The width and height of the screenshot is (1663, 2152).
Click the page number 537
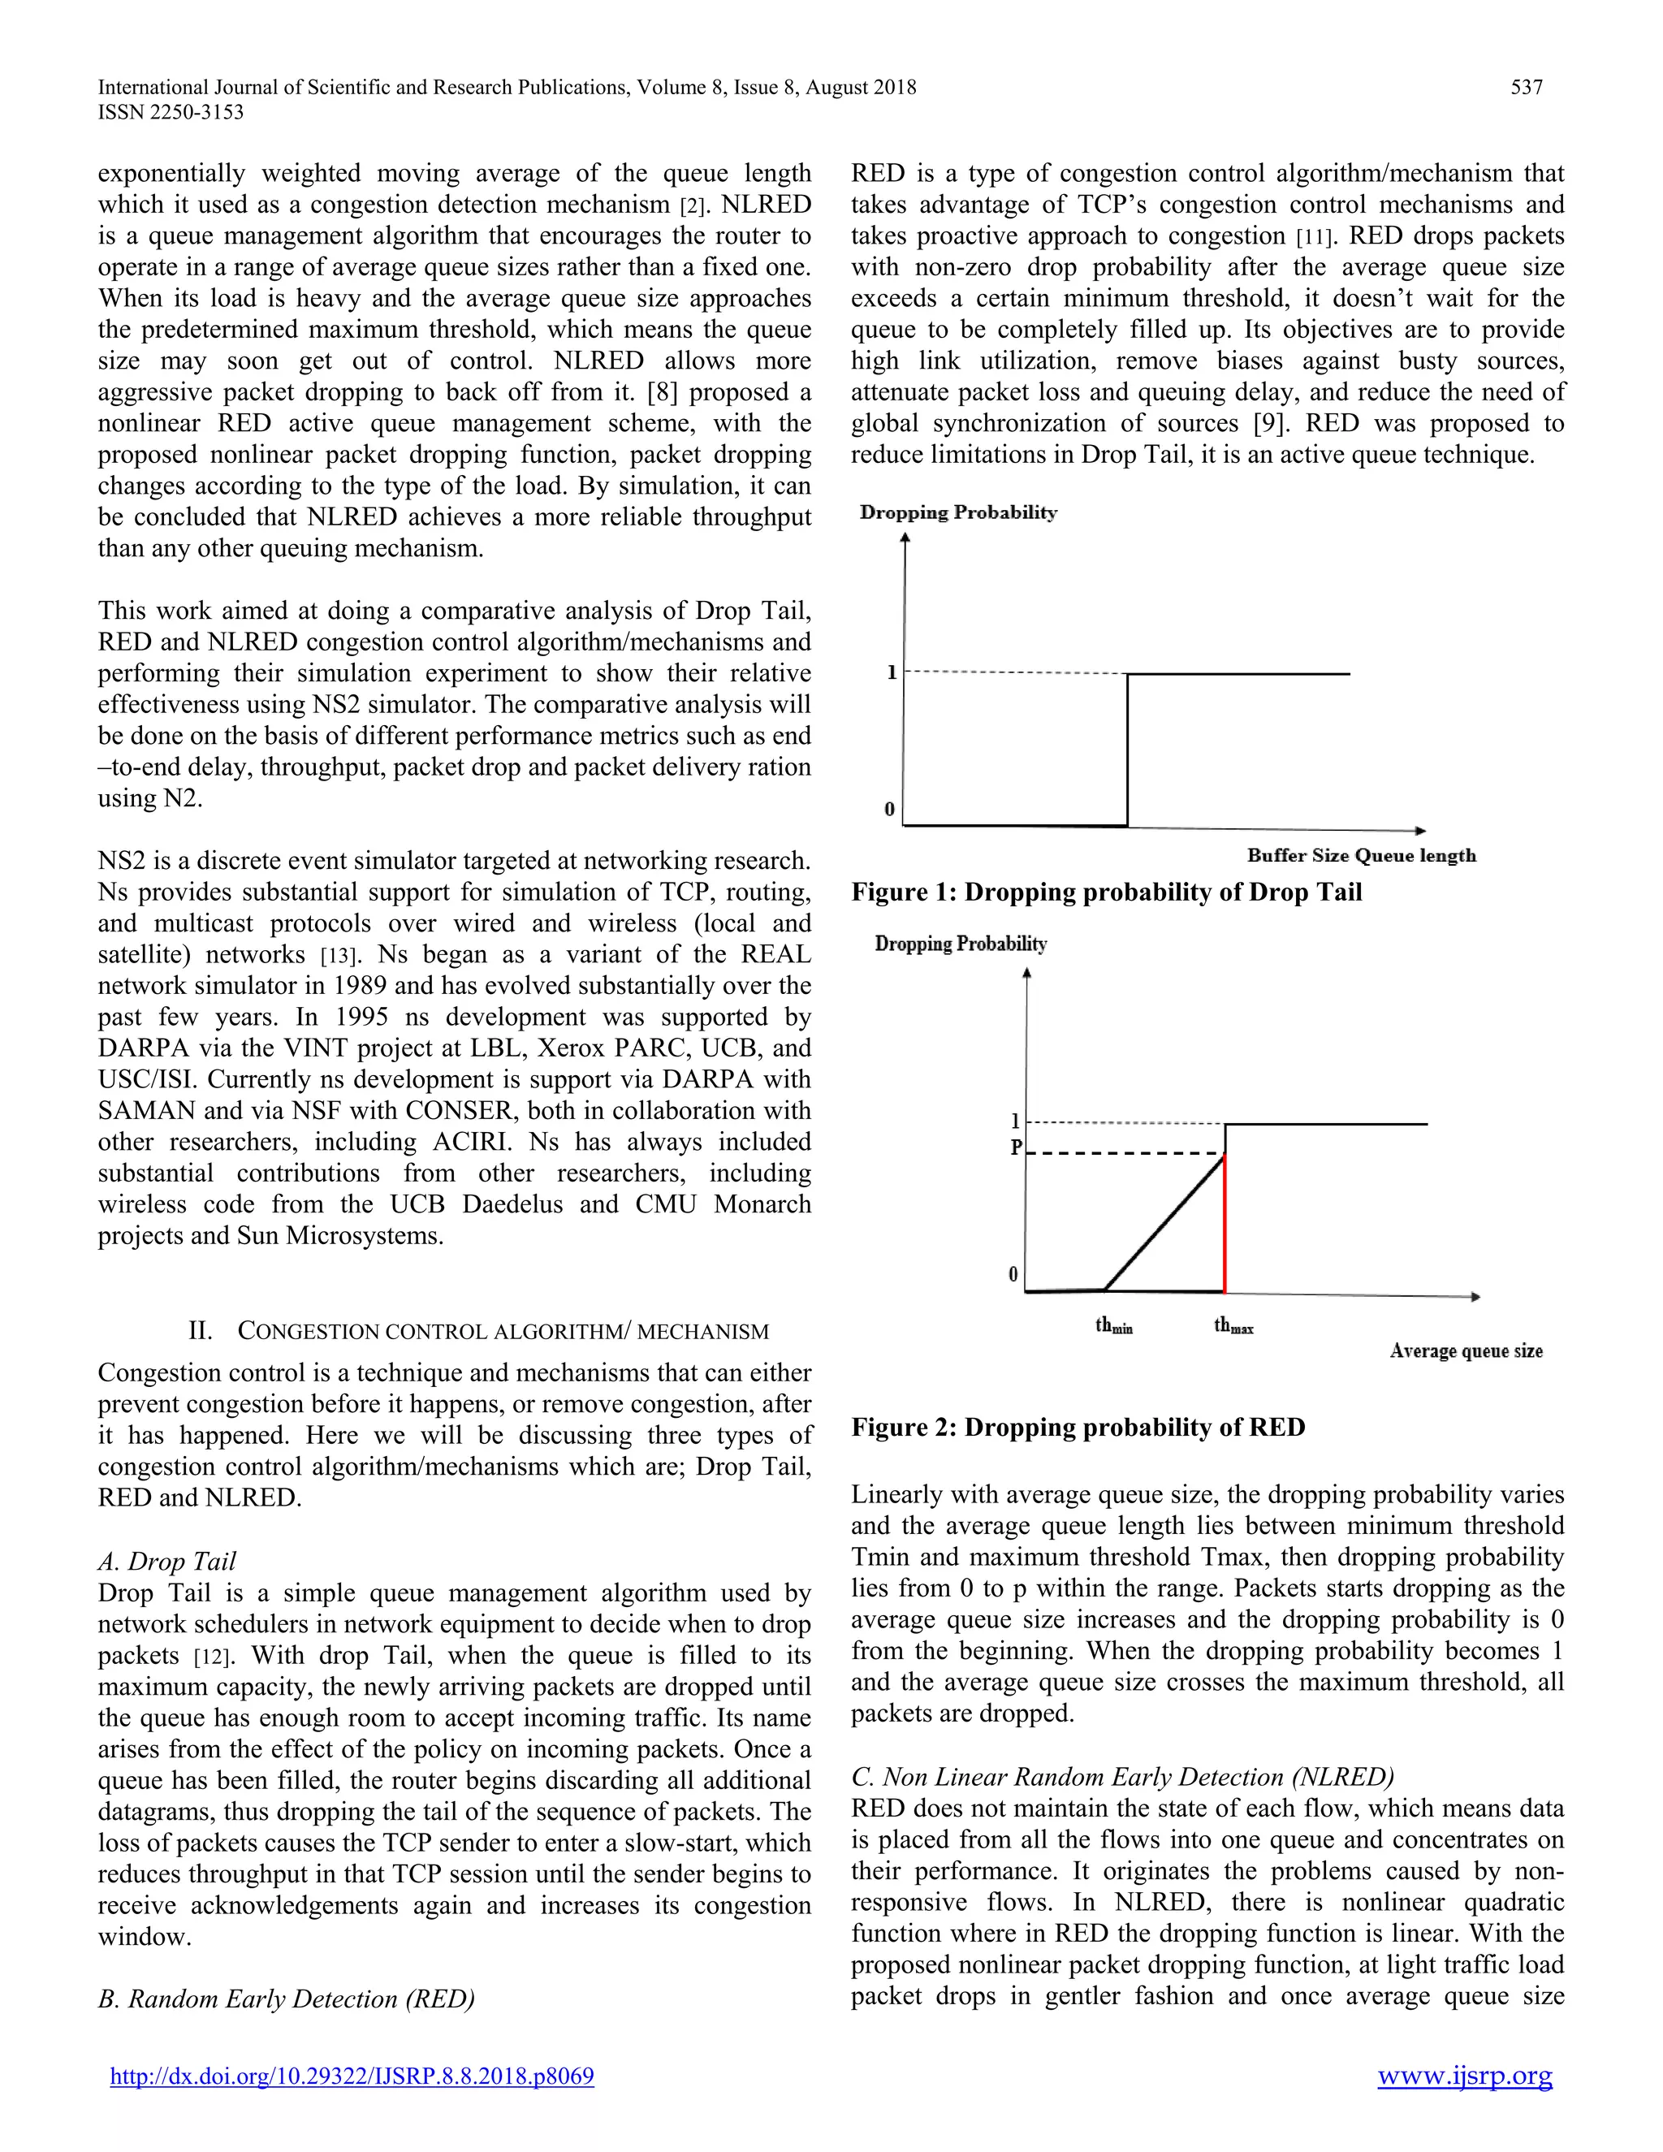click(1526, 88)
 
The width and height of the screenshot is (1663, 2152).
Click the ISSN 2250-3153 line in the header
click(171, 112)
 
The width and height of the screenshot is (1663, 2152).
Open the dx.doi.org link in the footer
click(352, 2076)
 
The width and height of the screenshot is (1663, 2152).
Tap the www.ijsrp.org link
click(1464, 2076)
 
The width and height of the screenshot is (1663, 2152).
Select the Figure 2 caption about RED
click(1078, 1427)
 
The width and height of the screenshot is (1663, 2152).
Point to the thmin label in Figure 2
click(1114, 1326)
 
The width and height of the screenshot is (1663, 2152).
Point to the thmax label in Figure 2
click(1233, 1326)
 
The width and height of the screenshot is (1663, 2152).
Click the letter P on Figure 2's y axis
click(1016, 1148)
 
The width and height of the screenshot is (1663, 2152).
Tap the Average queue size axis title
click(1466, 1351)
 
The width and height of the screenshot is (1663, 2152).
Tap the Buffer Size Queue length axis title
click(1362, 855)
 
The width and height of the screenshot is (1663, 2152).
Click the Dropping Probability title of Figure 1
click(957, 512)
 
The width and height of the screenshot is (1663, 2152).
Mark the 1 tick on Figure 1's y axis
click(892, 673)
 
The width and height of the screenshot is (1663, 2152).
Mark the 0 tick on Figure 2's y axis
click(1013, 1274)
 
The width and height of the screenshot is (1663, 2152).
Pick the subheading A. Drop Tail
click(166, 1561)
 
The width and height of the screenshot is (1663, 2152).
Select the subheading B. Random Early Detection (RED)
click(286, 1999)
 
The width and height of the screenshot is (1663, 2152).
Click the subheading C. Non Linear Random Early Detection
click(1122, 1777)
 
